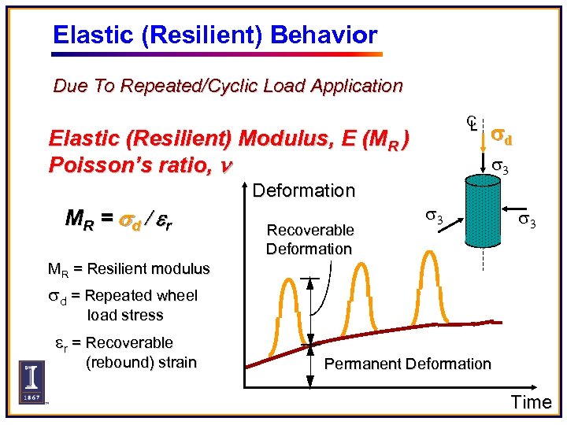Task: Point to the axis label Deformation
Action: pos(304,190)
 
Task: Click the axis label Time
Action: pos(531,402)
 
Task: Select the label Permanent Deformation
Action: pos(407,364)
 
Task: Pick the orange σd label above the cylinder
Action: pos(502,138)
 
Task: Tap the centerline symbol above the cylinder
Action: pos(471,124)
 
